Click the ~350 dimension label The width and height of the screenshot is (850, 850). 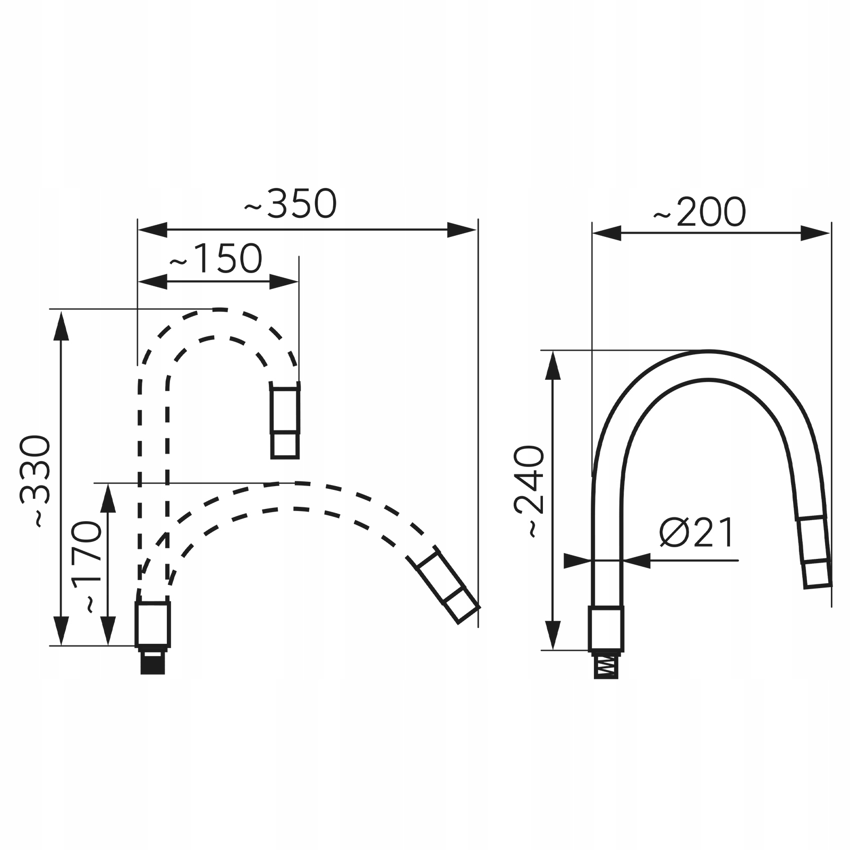click(x=291, y=203)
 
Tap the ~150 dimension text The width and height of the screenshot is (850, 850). click(x=216, y=259)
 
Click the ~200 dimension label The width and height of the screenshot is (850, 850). click(x=700, y=212)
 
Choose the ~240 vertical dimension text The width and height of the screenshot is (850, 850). click(x=529, y=492)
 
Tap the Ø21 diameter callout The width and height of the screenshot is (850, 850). click(x=697, y=532)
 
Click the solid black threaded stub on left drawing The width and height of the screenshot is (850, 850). click(x=152, y=661)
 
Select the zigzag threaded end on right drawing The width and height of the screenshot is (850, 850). click(x=606, y=665)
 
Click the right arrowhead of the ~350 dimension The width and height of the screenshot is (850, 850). click(x=462, y=230)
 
